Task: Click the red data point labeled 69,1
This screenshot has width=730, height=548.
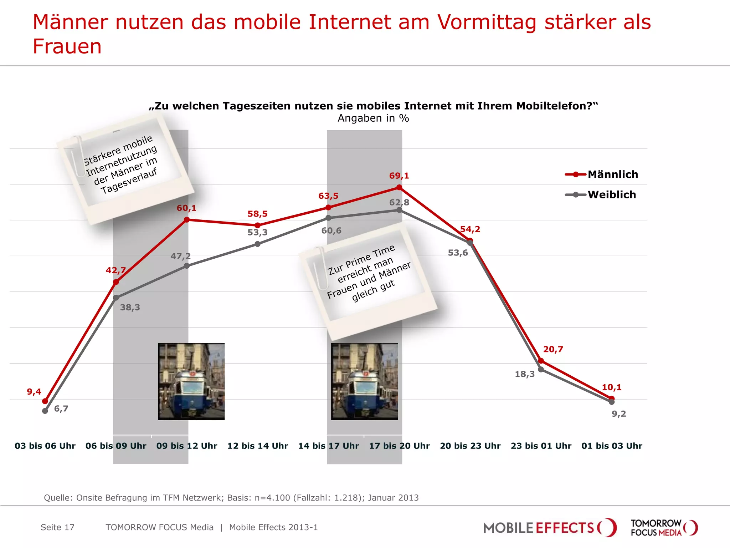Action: tap(399, 187)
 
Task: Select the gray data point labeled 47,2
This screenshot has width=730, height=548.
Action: tap(187, 266)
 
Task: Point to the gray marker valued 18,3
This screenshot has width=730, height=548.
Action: tap(541, 369)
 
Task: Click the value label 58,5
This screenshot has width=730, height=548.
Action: tap(257, 214)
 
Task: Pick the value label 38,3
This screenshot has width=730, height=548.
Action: tap(130, 307)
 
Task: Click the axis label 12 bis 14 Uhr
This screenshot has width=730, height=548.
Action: tap(258, 446)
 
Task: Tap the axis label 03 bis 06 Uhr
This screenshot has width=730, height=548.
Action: tap(45, 446)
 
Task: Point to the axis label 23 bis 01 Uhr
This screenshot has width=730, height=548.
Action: tap(541, 446)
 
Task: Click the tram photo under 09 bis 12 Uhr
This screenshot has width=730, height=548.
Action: tap(191, 381)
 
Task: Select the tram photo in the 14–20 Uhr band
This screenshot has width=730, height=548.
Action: tap(364, 381)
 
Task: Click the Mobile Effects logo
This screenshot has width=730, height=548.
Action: tap(549, 528)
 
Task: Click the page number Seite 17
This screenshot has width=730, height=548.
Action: tap(57, 527)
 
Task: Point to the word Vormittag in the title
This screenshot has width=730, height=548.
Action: tap(487, 22)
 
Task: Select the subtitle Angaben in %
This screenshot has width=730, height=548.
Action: tap(373, 118)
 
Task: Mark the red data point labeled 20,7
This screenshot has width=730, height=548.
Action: tap(541, 361)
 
